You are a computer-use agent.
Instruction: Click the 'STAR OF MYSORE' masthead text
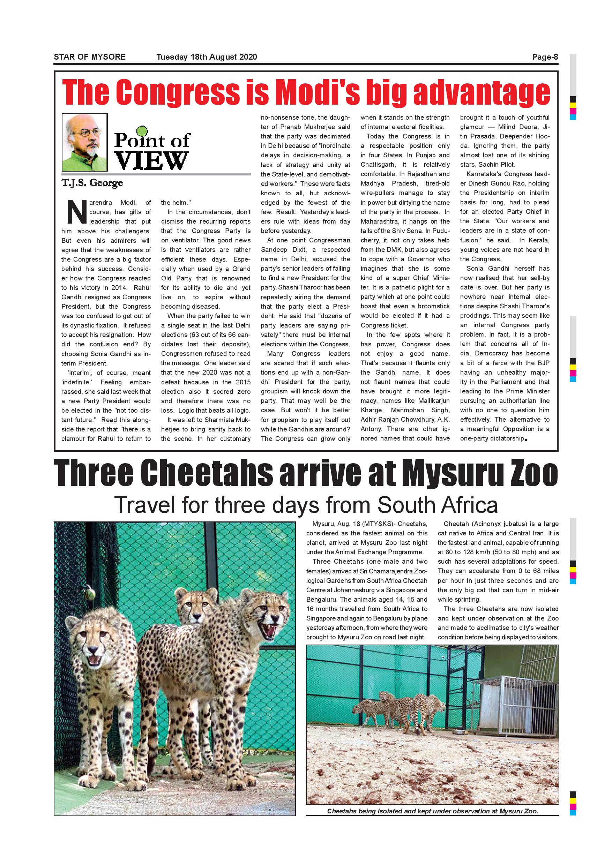click(89, 57)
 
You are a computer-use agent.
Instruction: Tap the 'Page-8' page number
click(545, 57)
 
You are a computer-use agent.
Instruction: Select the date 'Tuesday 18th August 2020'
click(207, 57)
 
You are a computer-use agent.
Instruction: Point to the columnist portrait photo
click(85, 142)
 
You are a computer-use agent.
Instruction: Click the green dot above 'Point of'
click(141, 131)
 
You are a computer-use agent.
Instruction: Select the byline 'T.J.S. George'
click(92, 183)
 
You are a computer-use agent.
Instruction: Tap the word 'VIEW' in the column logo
click(151, 160)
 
